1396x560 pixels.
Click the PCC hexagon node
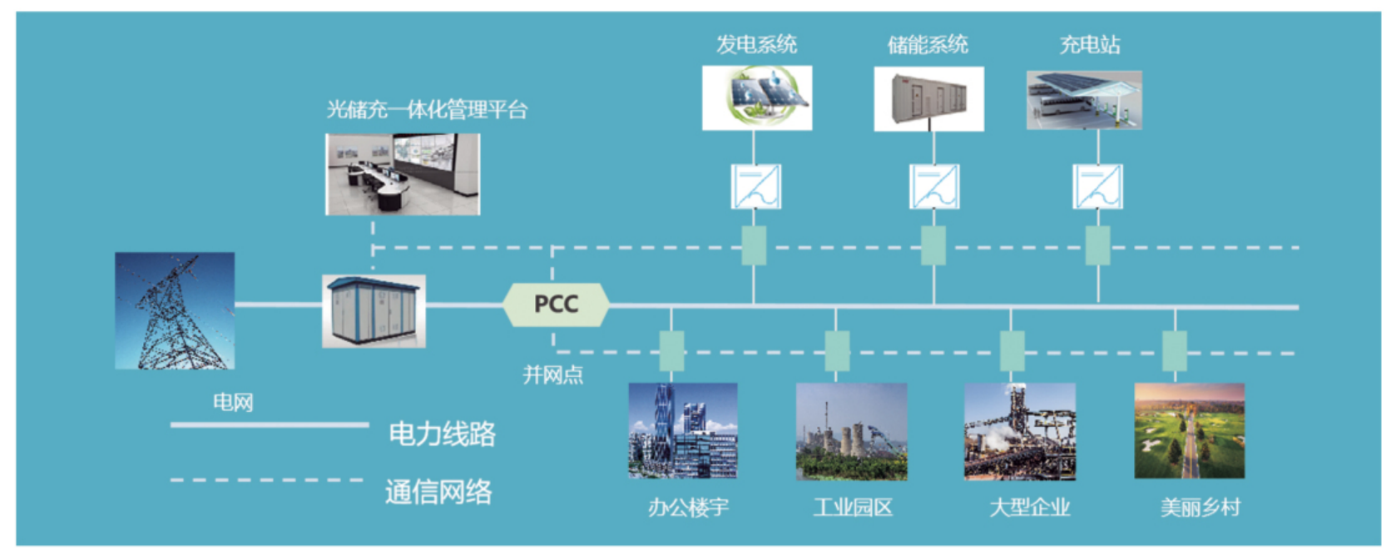(556, 305)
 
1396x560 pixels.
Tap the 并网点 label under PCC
(552, 375)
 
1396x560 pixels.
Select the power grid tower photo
(175, 310)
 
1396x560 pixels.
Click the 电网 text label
(233, 403)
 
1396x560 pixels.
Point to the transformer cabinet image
(374, 310)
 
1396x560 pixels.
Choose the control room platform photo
(403, 175)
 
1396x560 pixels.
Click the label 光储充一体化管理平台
(427, 110)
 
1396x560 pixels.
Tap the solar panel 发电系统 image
(757, 98)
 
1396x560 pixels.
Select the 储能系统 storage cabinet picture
(928, 99)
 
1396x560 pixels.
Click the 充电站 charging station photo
(1084, 100)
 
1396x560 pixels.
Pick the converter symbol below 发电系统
(755, 186)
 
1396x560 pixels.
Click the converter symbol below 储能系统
(933, 186)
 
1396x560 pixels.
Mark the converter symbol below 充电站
(1097, 186)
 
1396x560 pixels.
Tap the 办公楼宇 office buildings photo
(683, 430)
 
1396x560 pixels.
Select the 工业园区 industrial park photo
(851, 431)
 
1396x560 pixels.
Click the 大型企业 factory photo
(1020, 431)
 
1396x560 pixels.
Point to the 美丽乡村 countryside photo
(1190, 430)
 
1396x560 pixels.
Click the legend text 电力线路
(442, 434)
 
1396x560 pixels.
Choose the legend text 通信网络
(438, 492)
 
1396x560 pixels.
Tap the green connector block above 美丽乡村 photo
(1174, 351)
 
